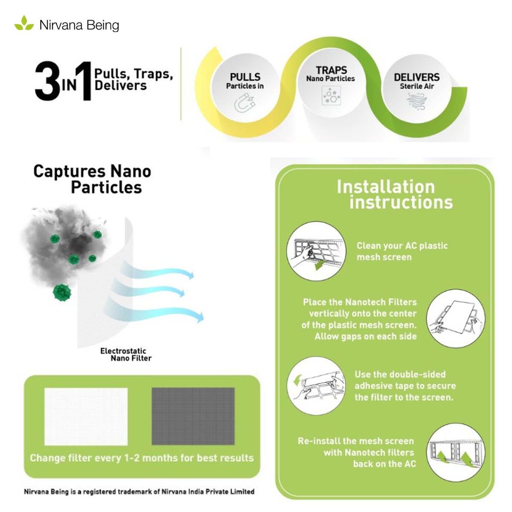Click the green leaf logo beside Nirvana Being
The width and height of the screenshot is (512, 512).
(24, 23)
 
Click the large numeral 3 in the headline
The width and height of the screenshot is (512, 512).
(48, 81)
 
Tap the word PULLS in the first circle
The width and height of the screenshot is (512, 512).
(245, 77)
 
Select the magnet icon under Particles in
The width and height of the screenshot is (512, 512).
(245, 102)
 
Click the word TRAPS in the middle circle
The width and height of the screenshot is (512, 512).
(332, 70)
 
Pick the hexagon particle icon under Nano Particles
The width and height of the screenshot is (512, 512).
(331, 96)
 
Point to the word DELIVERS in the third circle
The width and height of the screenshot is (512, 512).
(416, 77)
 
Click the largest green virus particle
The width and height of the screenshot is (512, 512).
(62, 292)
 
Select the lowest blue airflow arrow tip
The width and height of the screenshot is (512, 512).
(201, 318)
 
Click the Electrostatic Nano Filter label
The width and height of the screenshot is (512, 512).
(126, 355)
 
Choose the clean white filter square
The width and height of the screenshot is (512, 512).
(86, 416)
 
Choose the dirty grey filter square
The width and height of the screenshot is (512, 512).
(193, 416)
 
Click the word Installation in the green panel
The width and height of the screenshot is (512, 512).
(386, 186)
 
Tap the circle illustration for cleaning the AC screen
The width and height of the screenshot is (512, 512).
(316, 251)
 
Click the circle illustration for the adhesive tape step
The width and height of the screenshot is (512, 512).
(316, 386)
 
